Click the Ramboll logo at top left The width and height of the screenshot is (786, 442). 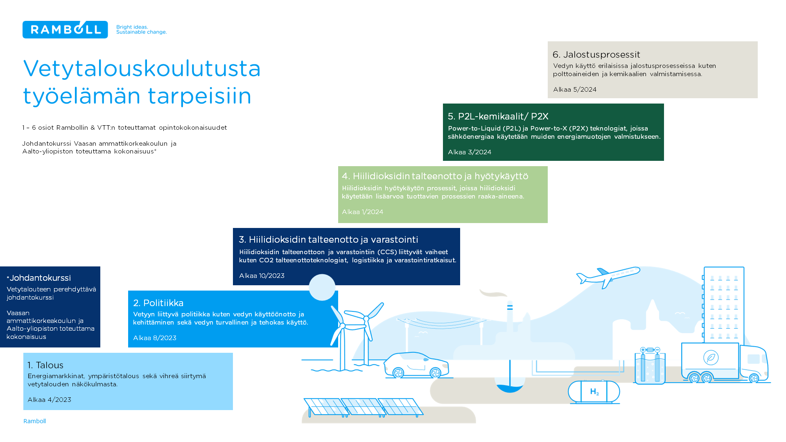tap(65, 29)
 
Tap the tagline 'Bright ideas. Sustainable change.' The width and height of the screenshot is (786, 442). tap(141, 29)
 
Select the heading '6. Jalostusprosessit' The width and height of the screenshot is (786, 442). tap(596, 54)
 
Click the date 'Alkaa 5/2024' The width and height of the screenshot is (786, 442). tap(575, 90)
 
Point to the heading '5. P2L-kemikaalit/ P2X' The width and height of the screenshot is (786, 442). tap(498, 116)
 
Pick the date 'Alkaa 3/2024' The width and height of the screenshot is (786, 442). tap(470, 152)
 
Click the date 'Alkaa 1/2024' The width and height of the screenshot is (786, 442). tap(363, 212)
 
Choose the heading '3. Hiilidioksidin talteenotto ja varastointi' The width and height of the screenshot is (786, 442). tap(329, 239)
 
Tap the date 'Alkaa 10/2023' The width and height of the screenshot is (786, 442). tap(262, 276)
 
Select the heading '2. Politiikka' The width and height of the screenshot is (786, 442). tap(158, 303)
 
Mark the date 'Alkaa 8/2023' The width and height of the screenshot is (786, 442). tap(155, 338)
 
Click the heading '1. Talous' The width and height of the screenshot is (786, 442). tap(45, 365)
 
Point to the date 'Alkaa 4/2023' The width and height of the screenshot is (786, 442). tap(50, 400)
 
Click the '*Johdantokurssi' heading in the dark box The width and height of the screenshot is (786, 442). tap(39, 278)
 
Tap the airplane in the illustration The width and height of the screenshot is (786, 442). tap(608, 277)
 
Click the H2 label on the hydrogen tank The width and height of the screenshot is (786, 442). tap(594, 392)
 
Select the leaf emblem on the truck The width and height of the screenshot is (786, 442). tap(711, 358)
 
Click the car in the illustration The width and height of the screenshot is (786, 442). tap(416, 365)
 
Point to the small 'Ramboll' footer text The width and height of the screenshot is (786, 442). tap(35, 421)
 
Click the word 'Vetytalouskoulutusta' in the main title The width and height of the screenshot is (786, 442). tap(142, 68)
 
